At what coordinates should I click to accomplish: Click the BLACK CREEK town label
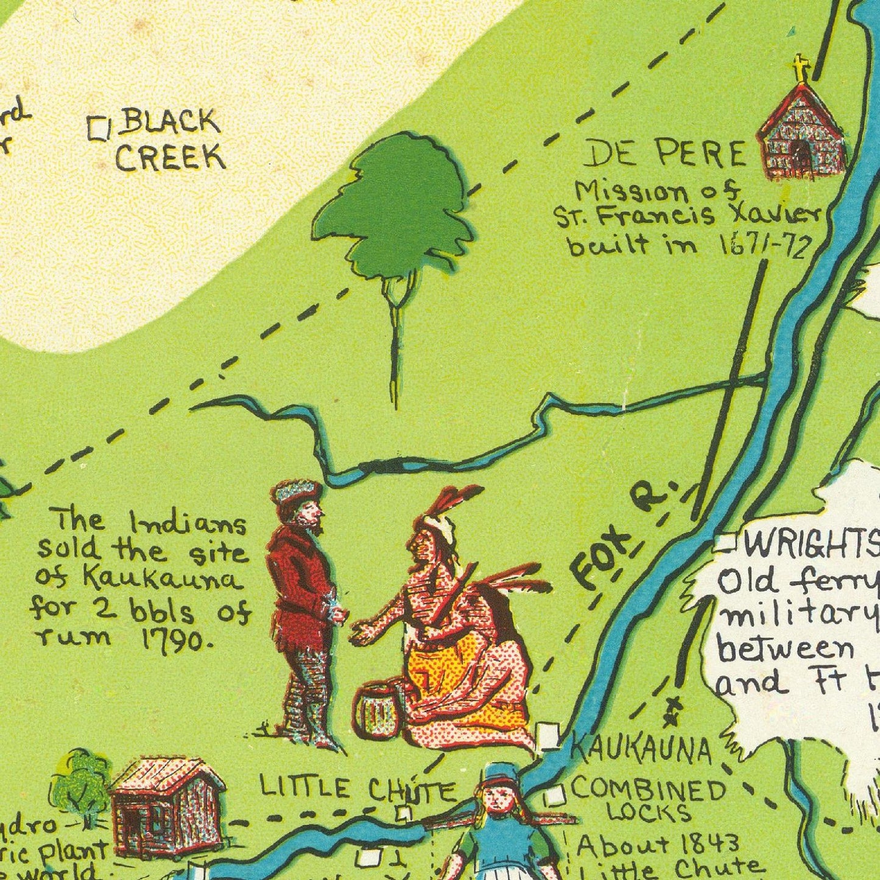(169, 140)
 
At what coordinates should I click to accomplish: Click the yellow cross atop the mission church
(801, 67)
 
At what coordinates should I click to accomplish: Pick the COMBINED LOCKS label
(649, 799)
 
